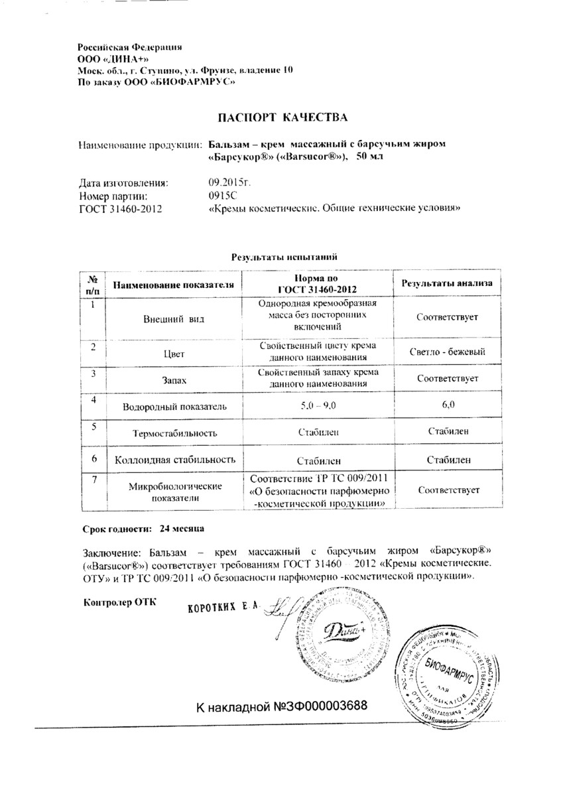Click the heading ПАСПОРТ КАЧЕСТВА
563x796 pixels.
pyautogui.click(x=283, y=117)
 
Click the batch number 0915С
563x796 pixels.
pyautogui.click(x=222, y=196)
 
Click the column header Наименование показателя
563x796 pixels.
pyautogui.click(x=174, y=285)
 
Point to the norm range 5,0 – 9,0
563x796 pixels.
pyautogui.click(x=318, y=405)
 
